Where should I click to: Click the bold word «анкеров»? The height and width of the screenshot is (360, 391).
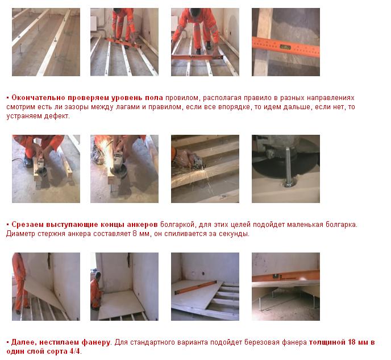(x=142, y=225)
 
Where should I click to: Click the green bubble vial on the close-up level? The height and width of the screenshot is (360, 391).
(x=285, y=47)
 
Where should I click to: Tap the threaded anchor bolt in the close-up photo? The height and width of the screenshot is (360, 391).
(x=289, y=167)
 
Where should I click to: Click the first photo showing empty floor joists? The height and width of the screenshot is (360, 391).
(x=46, y=42)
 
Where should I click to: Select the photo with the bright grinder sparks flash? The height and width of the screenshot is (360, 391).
(x=124, y=169)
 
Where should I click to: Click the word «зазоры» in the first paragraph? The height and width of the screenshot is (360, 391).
(x=76, y=107)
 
